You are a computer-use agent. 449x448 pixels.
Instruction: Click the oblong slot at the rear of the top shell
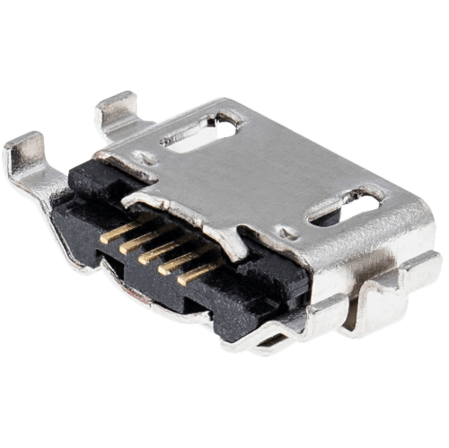click(x=203, y=132)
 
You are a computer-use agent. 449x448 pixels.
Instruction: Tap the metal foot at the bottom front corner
click(x=269, y=339)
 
